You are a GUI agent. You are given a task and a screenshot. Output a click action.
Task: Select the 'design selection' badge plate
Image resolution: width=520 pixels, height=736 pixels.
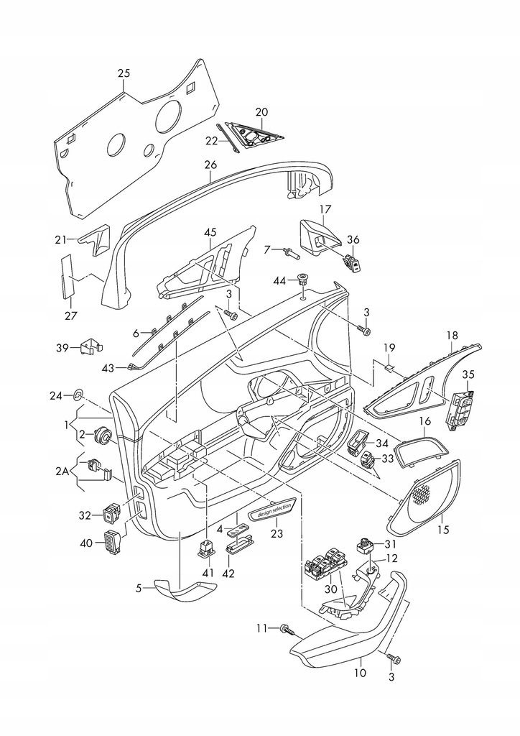[274, 510]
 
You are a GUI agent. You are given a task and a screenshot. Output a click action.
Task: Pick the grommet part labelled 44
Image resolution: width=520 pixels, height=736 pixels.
[303, 279]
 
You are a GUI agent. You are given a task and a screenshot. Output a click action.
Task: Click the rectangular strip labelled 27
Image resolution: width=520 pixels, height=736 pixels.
[68, 275]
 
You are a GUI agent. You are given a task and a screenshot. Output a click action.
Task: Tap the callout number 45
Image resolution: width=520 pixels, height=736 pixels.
[210, 232]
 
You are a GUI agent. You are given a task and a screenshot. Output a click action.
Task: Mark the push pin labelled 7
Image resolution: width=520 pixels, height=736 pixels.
[289, 252]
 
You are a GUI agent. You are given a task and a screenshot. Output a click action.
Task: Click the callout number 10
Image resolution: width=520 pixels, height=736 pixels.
[360, 673]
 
